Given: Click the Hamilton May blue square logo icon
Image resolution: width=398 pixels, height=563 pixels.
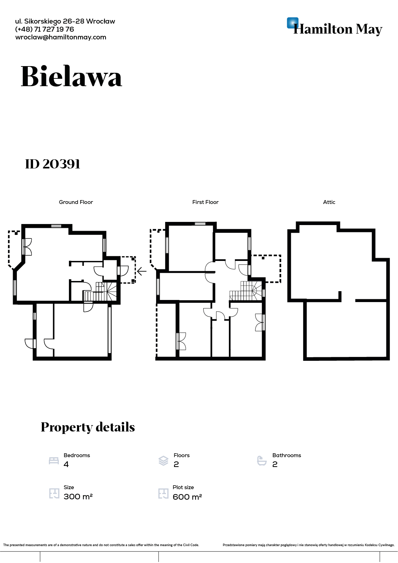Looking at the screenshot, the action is click(293, 23).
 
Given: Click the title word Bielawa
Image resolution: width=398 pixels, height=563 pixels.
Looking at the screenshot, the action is click(71, 76).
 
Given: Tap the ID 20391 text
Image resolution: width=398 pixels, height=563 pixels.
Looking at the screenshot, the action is click(52, 164).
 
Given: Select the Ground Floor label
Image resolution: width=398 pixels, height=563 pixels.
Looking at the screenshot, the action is click(76, 202).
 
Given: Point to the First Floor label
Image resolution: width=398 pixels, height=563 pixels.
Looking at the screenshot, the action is click(205, 202).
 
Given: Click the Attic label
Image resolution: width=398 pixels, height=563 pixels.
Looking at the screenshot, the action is click(329, 202).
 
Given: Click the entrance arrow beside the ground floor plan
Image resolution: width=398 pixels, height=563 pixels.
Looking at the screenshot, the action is click(142, 271).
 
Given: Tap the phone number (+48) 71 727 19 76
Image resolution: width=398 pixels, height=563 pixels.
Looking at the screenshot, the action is click(44, 30).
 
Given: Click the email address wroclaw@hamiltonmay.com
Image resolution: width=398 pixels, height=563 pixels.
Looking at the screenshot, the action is click(60, 37).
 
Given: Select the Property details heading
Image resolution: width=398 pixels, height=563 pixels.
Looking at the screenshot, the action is click(88, 427).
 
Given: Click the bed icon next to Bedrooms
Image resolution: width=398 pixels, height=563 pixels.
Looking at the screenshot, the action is click(54, 460).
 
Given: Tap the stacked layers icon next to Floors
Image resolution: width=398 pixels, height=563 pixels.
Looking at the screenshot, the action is click(163, 460).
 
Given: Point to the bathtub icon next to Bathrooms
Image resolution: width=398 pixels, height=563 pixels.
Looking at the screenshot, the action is click(262, 460).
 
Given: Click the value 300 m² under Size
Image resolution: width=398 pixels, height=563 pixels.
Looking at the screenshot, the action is click(78, 497).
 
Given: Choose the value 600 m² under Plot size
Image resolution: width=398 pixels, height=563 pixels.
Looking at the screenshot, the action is click(187, 497).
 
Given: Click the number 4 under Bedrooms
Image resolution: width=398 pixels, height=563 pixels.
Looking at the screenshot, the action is click(66, 464).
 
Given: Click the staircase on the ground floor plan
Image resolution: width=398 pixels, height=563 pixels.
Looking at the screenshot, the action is click(100, 292).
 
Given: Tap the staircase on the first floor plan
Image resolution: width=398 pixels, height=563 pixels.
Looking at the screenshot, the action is click(246, 291).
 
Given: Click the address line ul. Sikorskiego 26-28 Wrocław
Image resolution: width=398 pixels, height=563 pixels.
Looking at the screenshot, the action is click(65, 21).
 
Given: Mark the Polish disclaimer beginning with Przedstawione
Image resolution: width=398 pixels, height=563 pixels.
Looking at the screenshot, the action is click(309, 545).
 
